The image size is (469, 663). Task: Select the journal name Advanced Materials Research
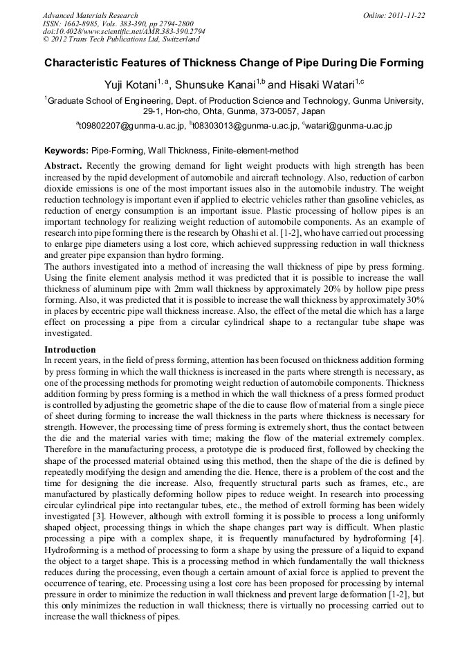click(90, 15)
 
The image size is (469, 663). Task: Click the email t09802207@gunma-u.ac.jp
click(131, 126)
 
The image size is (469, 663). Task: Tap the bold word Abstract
click(63, 167)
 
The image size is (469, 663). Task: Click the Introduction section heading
click(70, 350)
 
